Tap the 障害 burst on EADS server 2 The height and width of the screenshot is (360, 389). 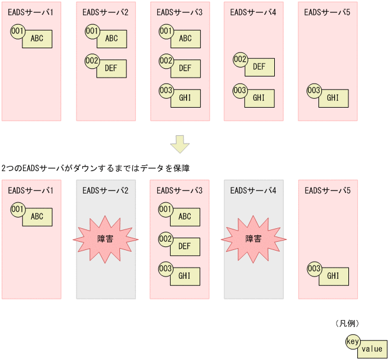point(106,239)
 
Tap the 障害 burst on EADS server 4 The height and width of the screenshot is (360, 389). point(254,239)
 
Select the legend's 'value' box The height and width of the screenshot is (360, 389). point(372,349)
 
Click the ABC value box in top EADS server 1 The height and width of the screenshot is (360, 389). point(38,39)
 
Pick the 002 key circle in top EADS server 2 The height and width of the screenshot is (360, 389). point(92,60)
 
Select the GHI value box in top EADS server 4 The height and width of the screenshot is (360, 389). point(260,98)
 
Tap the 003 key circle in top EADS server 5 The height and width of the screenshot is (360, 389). point(314,91)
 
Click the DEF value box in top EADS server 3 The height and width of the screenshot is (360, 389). point(185,68)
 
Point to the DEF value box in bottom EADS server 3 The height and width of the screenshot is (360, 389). point(185,246)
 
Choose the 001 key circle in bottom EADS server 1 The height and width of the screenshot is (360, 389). point(18,209)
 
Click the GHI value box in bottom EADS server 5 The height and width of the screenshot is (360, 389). point(334,276)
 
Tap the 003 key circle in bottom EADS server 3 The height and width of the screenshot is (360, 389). point(166,269)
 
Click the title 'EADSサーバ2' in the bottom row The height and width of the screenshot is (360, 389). point(106,190)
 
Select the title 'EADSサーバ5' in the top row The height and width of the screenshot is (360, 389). point(327,12)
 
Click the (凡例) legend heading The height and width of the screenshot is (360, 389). point(347,323)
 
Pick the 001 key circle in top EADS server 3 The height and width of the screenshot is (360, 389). point(166,31)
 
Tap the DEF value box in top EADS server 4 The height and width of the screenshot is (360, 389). point(260,66)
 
